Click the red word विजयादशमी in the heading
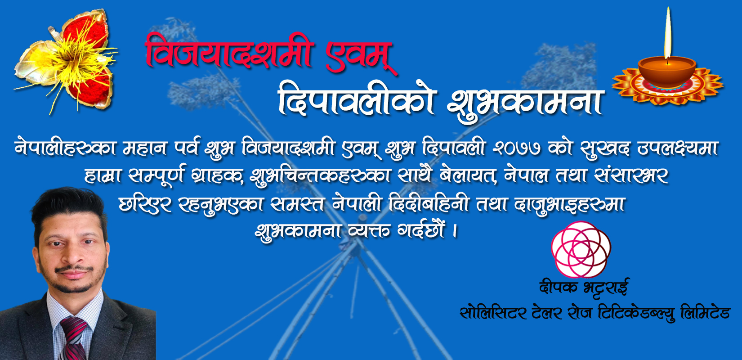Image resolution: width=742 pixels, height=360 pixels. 228,53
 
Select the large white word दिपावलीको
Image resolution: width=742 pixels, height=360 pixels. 356,99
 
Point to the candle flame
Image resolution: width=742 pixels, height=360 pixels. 667,33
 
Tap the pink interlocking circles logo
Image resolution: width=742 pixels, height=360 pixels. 581,250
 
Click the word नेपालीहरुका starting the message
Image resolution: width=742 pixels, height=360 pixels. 65,148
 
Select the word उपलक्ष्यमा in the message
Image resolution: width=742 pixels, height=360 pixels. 677,148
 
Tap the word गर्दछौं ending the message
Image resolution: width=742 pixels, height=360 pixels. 420,229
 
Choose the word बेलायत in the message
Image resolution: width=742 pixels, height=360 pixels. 468,175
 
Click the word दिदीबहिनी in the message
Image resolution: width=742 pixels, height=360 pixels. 429,203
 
